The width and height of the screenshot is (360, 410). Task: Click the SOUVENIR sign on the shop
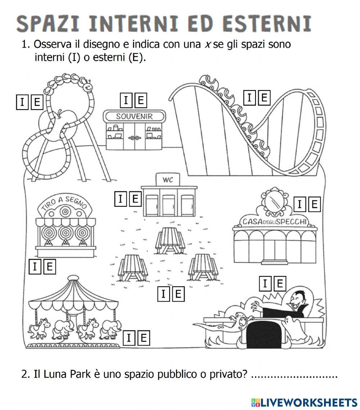click(x=135, y=116)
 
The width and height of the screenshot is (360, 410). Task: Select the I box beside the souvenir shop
click(x=126, y=100)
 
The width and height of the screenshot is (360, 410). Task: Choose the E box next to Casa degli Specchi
click(x=314, y=205)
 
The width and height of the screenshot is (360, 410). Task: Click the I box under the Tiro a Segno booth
click(x=35, y=267)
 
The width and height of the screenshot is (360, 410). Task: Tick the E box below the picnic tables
click(x=177, y=294)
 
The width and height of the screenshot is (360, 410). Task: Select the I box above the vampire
click(x=265, y=284)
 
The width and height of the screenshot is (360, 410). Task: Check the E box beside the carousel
click(x=143, y=338)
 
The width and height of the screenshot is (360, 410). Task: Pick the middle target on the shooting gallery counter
click(x=65, y=232)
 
